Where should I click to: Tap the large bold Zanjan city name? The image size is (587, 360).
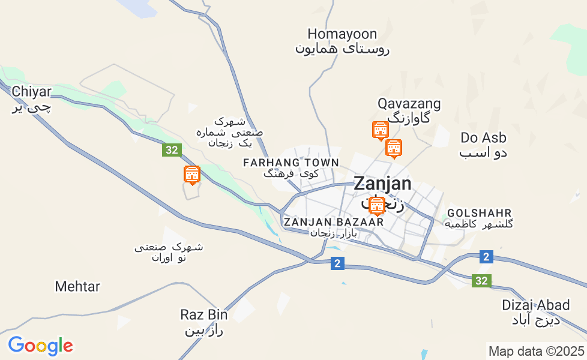tap(382, 184)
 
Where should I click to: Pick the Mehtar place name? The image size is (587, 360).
tap(77, 286)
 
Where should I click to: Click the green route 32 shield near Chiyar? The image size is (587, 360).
tap(172, 150)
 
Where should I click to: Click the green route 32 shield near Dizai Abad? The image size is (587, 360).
tap(481, 280)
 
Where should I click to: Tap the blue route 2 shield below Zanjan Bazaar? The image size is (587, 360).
tap(337, 263)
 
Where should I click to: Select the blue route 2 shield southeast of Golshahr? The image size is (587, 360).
tap(486, 257)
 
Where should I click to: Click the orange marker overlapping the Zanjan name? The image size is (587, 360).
tap(376, 205)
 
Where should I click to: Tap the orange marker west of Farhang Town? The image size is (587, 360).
tap(191, 175)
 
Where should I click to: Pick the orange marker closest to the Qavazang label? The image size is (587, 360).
tap(380, 130)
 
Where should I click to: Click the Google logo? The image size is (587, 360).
tap(40, 346)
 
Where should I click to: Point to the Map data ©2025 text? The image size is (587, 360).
tap(536, 351)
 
